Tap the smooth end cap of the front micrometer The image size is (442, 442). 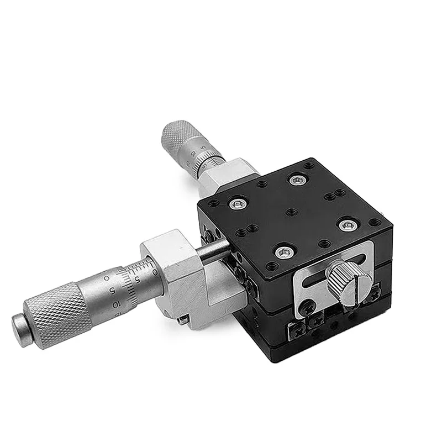[20, 331]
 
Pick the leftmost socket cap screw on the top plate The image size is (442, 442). [238, 204]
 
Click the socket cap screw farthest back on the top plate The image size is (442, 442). [298, 180]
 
